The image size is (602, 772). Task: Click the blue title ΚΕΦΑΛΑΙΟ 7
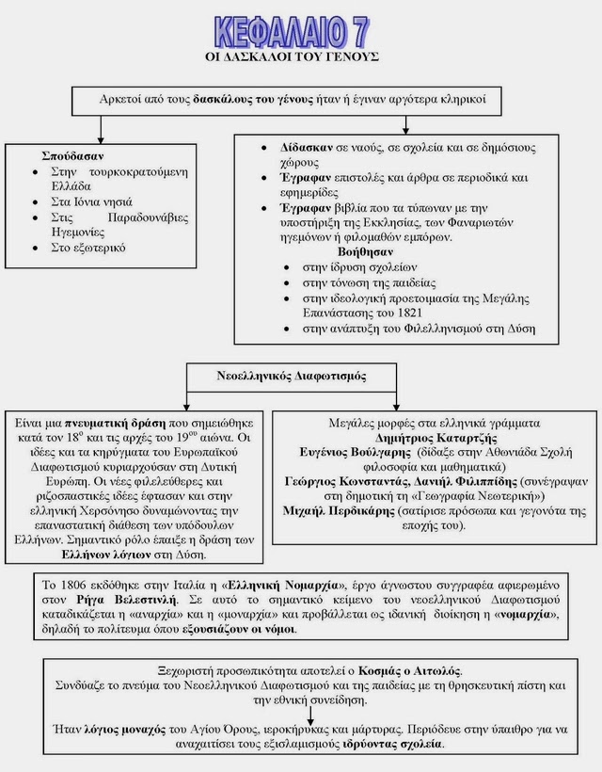tap(292, 30)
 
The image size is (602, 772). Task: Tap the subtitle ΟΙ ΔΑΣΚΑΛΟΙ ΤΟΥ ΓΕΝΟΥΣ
tap(292, 57)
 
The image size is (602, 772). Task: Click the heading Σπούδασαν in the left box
tap(72, 155)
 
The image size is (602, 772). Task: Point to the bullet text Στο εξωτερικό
tap(87, 248)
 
